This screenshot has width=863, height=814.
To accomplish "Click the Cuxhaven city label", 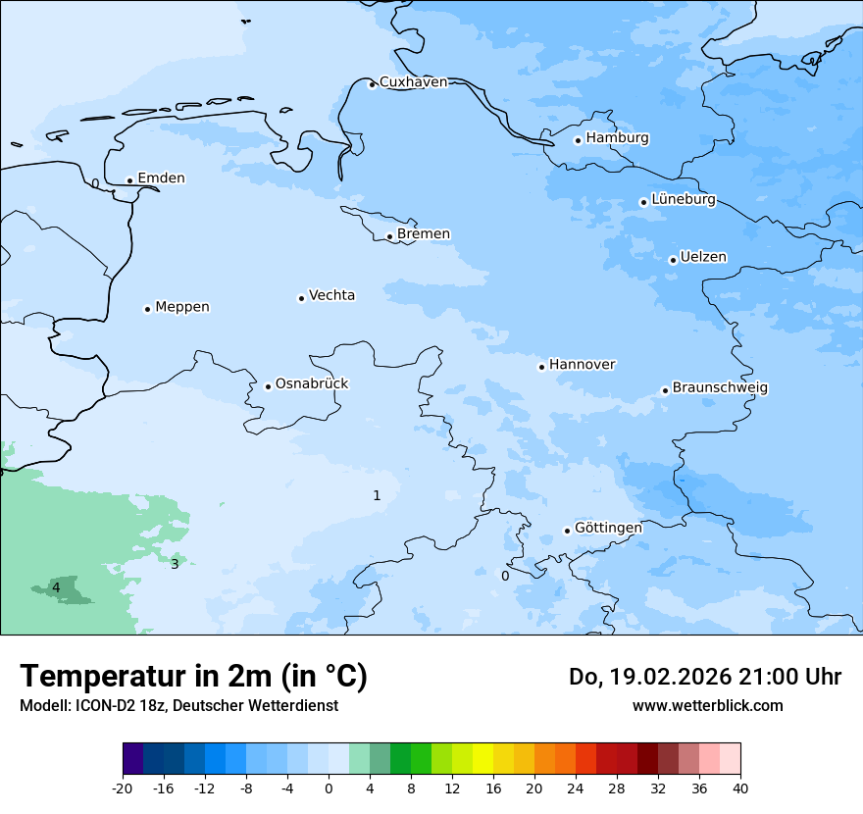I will tap(413, 82).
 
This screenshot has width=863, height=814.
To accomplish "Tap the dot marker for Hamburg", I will tap(579, 140).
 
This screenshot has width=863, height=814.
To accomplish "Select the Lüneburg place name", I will tap(684, 200).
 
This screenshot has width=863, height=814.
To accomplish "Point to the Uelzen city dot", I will tap(673, 260).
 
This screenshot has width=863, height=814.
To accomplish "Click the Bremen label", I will tap(424, 234).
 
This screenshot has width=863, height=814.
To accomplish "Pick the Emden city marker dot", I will tap(129, 180).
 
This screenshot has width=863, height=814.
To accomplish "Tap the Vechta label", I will tap(331, 295).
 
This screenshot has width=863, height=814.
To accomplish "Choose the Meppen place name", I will tap(182, 307).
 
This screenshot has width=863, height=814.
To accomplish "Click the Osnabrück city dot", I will tap(268, 386).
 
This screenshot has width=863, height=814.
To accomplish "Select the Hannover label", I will tap(582, 365).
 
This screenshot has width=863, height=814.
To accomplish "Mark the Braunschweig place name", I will tap(720, 388).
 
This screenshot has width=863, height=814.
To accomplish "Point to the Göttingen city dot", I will tap(567, 531).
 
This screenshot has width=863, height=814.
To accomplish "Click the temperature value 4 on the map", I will tap(56, 587).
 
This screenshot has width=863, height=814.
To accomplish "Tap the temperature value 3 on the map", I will tap(175, 564).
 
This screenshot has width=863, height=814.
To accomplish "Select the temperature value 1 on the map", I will tap(377, 495).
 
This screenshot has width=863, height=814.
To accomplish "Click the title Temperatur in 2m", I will tap(193, 676).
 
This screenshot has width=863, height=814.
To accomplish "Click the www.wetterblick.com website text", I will tap(707, 705).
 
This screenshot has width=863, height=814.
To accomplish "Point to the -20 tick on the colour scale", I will tap(123, 788).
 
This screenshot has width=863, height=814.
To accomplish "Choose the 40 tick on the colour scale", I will tap(739, 788).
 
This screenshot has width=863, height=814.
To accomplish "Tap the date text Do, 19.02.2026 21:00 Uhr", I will tap(704, 677).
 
